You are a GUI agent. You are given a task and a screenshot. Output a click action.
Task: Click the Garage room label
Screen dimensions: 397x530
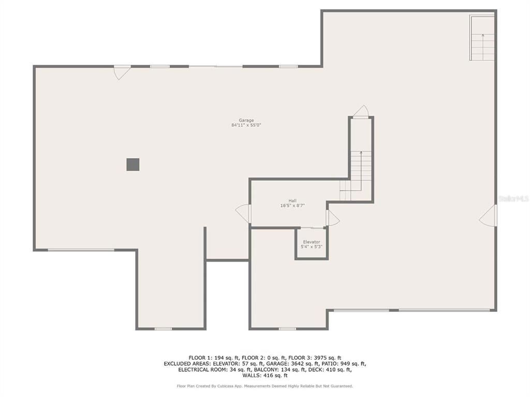pos(246,120)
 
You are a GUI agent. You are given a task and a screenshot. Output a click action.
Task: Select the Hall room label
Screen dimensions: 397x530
pos(292,201)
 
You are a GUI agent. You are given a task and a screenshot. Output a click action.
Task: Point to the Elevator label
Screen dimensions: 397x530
pos(312,242)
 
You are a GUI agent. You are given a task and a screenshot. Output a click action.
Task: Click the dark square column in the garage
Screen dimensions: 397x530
pos(133,164)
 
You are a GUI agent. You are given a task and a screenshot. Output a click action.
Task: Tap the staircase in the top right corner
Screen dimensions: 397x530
pos(482,39)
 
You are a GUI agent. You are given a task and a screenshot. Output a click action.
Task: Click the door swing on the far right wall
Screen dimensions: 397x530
pos(488,216)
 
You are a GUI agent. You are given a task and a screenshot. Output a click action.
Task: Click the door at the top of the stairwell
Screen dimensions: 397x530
pos(361,112)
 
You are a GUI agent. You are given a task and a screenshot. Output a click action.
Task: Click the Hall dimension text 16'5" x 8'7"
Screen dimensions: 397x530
pos(292,206)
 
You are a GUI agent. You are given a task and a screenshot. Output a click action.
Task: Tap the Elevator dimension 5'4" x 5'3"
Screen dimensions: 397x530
pos(312,247)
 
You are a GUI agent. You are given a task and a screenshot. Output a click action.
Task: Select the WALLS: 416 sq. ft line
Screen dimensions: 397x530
pos(264,376)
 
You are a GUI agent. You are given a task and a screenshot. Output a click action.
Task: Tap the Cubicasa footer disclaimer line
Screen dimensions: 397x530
pos(264,386)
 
